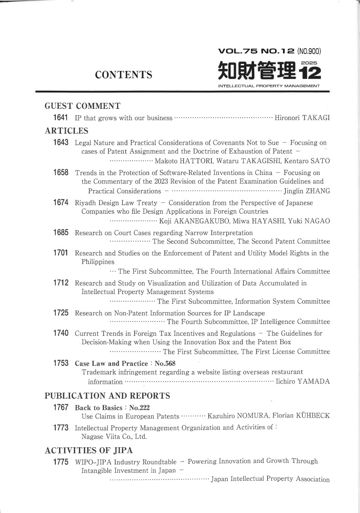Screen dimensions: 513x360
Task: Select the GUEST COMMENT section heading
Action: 82,105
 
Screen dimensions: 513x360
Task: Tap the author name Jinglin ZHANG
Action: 306,191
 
